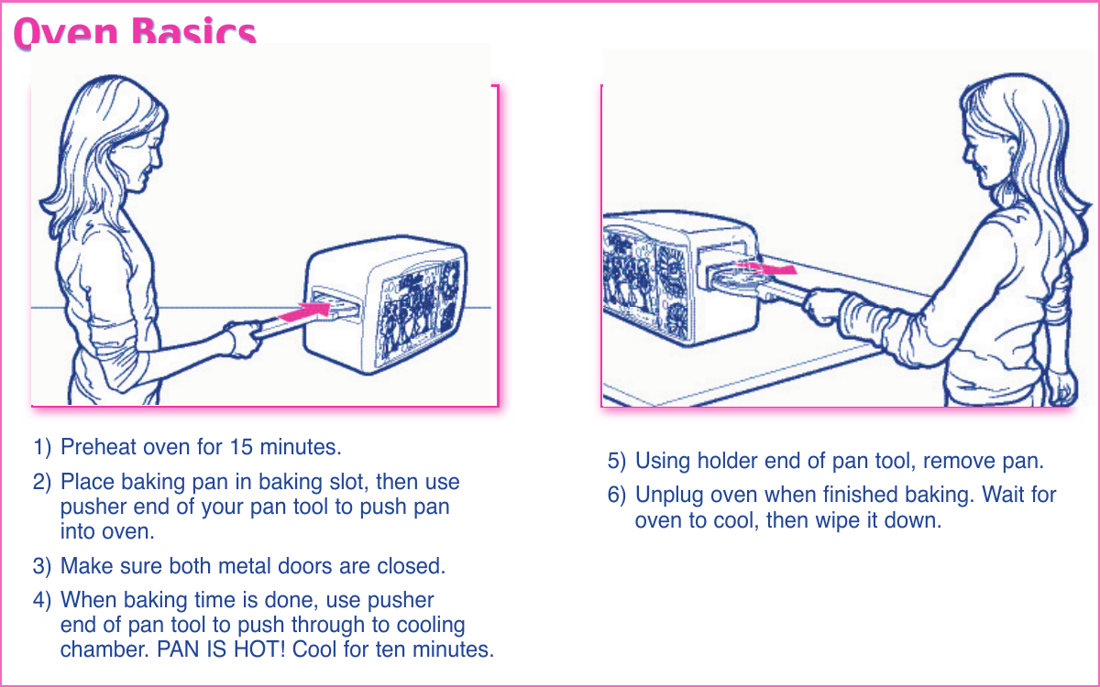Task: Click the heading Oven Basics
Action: [x=135, y=34]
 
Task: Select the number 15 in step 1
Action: [x=242, y=448]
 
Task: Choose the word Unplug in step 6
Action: [x=668, y=496]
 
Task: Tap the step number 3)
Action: [x=42, y=566]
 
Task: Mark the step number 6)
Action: [x=617, y=496]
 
